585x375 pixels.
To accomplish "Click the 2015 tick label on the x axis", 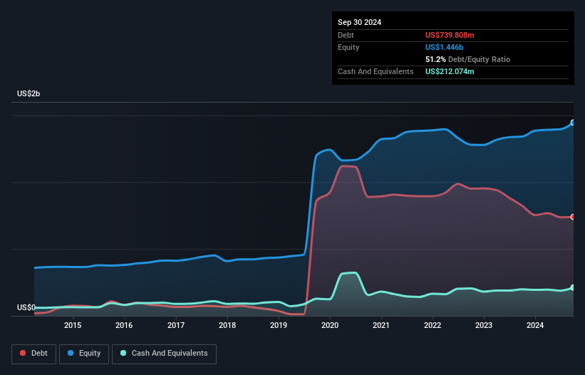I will pos(72,326).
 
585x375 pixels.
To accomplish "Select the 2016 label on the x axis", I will pos(124,326).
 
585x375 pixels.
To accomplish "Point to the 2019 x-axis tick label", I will pos(279,326).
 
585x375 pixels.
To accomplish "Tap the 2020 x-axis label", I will pos(330,326).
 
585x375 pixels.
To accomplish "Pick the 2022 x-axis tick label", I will pos(433,326).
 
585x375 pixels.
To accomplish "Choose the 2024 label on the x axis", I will pos(536,326).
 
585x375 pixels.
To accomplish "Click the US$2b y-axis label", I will pos(29,94).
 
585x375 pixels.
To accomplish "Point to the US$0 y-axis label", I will pos(26,308).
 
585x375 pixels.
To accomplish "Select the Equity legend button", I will pos(84,353).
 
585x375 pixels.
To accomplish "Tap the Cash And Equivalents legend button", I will pos(164,353).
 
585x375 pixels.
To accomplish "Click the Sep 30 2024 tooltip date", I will pos(359,22).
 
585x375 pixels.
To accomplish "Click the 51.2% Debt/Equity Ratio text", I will pos(467,59).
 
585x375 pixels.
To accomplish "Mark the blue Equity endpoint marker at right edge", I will pos(573,123).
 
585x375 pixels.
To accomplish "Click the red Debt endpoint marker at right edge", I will pos(573,217).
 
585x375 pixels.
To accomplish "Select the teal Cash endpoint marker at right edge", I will pos(573,287).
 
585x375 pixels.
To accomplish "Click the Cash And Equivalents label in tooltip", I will pos(376,71).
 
